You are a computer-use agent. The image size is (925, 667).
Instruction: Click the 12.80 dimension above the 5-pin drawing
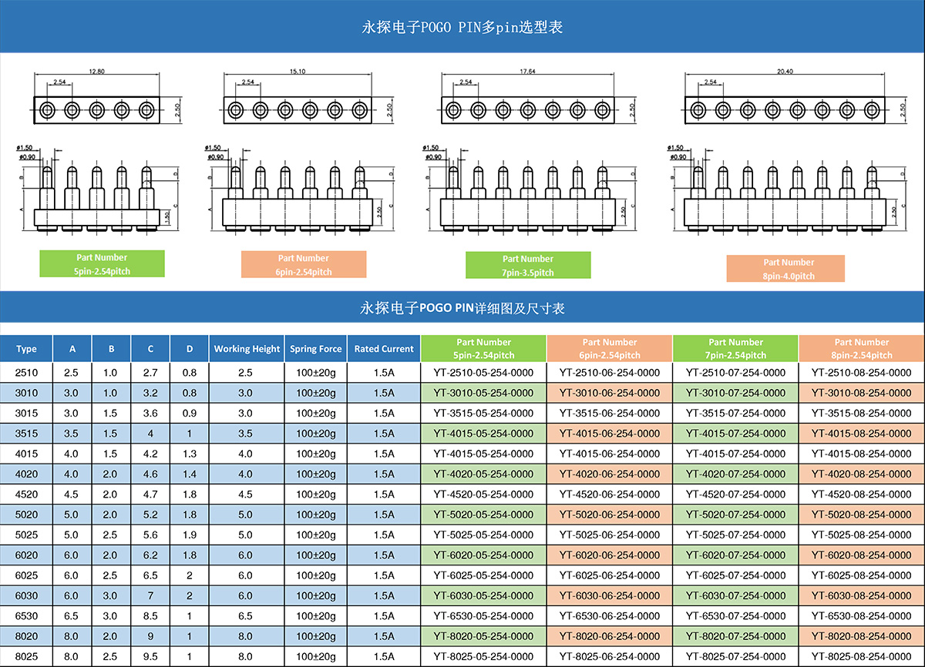(96, 72)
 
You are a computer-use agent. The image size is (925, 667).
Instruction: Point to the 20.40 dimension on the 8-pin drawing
(785, 72)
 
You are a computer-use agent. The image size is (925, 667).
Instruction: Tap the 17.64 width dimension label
(527, 72)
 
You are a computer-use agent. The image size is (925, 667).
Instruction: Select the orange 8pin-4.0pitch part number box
(785, 269)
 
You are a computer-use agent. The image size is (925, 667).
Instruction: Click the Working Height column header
(247, 349)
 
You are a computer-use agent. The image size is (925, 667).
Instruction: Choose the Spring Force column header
(315, 349)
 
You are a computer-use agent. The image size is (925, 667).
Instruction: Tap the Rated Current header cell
(384, 349)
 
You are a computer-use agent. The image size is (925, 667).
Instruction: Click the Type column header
(26, 349)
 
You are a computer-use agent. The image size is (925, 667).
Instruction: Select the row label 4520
(26, 494)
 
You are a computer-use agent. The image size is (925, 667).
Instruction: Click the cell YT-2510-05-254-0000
(483, 373)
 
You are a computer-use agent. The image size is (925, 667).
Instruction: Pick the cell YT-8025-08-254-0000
(861, 656)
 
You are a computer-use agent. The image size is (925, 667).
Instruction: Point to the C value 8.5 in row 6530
(150, 616)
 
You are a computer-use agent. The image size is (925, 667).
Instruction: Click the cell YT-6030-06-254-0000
(610, 595)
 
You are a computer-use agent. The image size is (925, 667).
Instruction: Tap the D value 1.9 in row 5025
(190, 535)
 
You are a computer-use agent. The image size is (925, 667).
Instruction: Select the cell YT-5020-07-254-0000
(735, 514)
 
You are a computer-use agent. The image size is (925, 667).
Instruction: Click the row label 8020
(26, 636)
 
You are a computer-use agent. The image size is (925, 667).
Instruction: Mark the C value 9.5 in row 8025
(150, 656)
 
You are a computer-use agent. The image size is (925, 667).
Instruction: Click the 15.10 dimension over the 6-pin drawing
(298, 72)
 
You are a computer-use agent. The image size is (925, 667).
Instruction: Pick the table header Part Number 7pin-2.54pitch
(735, 349)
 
